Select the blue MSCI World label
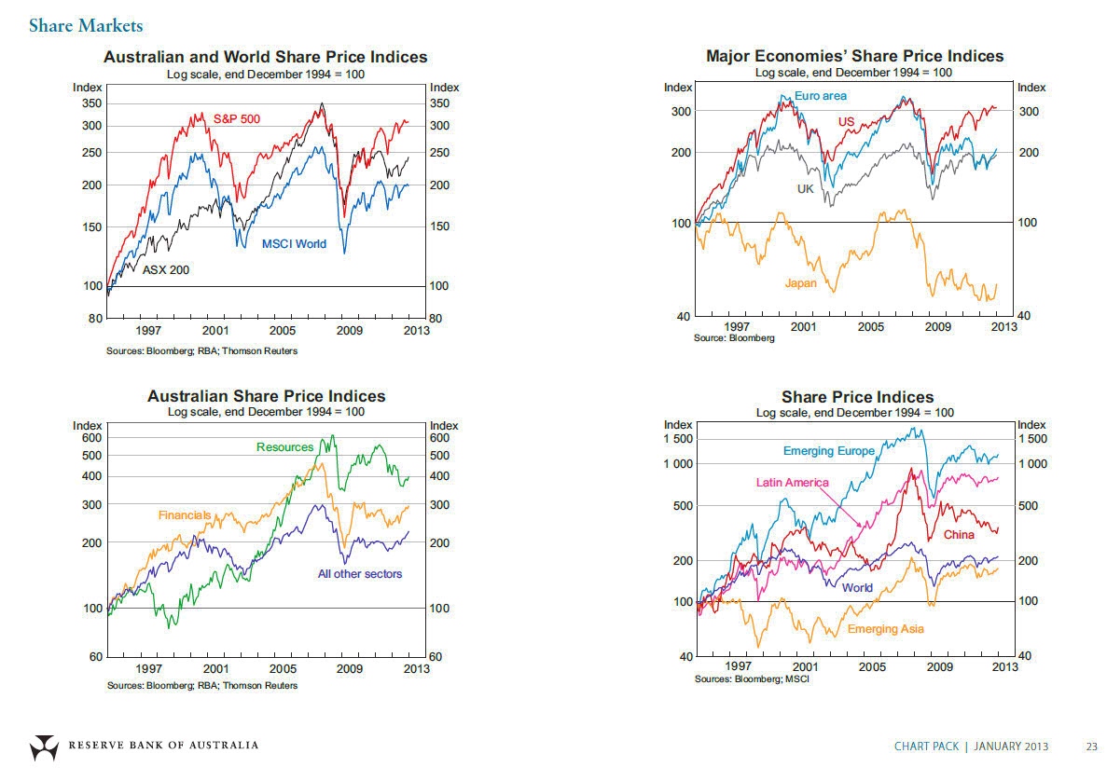click(x=294, y=244)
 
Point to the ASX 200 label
click(x=165, y=270)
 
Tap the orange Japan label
click(x=801, y=282)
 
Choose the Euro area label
click(x=821, y=96)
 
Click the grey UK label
click(x=806, y=189)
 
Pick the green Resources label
click(x=284, y=447)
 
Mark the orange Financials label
click(x=185, y=515)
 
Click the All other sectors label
click(x=360, y=574)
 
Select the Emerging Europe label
click(x=829, y=451)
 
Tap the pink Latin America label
click(x=792, y=483)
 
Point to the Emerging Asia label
click(x=886, y=629)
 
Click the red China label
click(x=959, y=535)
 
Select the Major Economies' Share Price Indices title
click(x=854, y=57)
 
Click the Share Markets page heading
click(x=86, y=25)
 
